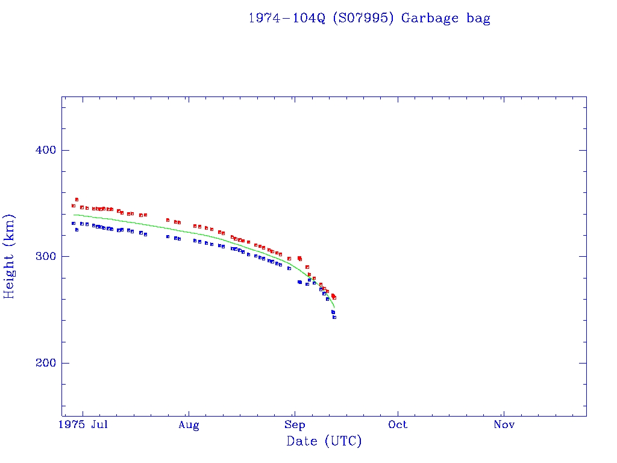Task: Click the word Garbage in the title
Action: tap(431, 18)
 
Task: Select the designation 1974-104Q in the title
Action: tap(287, 18)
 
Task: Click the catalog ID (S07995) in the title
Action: tap(365, 18)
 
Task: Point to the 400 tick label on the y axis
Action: tap(43, 150)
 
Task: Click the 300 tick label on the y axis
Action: tap(43, 257)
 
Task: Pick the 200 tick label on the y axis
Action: tap(43, 363)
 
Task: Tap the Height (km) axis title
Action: tap(9, 256)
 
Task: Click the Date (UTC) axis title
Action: tap(324, 441)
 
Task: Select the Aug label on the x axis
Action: tap(189, 425)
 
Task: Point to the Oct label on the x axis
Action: tap(398, 425)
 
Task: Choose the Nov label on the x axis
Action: tap(504, 425)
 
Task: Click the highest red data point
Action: tap(77, 200)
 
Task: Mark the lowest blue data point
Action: tap(334, 317)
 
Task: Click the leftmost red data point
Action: tap(74, 206)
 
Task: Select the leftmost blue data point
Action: tap(74, 223)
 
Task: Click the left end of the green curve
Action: tap(74, 215)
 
